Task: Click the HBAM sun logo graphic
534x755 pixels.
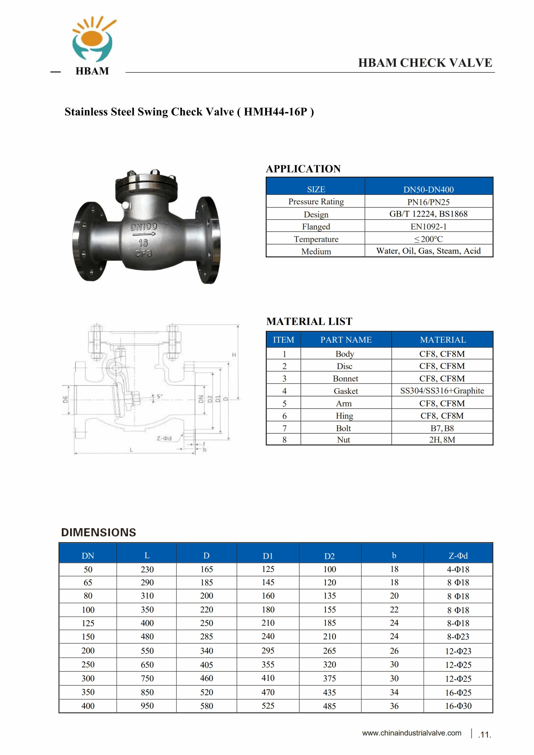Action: point(93,40)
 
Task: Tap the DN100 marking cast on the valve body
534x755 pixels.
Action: point(144,226)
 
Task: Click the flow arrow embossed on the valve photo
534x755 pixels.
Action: point(144,234)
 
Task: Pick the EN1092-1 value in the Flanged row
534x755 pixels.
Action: point(428,226)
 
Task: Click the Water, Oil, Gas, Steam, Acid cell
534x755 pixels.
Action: point(428,251)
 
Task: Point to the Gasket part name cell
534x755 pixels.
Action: point(346,391)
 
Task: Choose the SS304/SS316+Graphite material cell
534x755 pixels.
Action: point(442,391)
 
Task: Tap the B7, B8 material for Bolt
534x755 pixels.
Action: point(442,428)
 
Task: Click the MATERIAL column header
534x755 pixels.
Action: point(443,340)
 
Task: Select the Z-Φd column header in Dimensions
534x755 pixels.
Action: point(458,556)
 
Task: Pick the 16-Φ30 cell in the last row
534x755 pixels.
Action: point(458,706)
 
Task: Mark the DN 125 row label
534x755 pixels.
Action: point(88,623)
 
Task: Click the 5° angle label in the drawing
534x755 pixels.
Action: point(159,397)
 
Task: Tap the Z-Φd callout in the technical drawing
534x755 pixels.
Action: point(164,438)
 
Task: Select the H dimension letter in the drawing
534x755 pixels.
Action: point(234,355)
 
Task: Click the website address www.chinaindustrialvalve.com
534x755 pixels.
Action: point(411,733)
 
